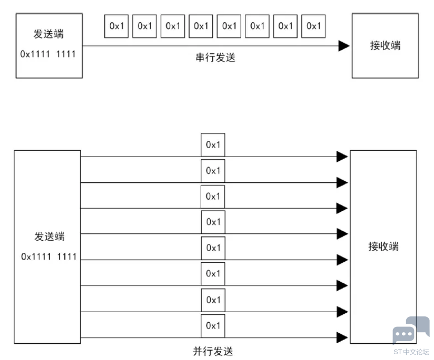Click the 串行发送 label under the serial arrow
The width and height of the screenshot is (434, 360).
(x=215, y=58)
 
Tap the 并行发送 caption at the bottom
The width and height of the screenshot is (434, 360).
(x=213, y=351)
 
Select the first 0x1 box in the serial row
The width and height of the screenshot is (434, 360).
(x=116, y=26)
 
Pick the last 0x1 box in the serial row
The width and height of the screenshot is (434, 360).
(x=313, y=26)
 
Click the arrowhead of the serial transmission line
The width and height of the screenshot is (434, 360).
(x=344, y=46)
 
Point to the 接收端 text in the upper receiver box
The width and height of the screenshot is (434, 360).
(x=385, y=45)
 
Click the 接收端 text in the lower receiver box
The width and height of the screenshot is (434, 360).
(x=384, y=246)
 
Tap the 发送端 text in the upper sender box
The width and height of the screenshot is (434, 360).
(x=48, y=34)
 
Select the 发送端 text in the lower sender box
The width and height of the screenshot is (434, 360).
(x=49, y=236)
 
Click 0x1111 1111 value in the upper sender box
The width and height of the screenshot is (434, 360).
(x=48, y=54)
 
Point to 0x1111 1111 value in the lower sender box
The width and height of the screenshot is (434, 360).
(x=49, y=256)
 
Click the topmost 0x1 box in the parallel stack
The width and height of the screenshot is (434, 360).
(x=213, y=145)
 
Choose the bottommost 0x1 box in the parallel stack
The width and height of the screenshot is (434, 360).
(x=213, y=326)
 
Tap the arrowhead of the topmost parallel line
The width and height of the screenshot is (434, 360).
(x=342, y=157)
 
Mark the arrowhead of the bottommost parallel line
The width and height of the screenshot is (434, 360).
(x=342, y=337)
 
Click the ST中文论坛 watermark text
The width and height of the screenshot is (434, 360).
(x=411, y=352)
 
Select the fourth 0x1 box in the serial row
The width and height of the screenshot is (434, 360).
(x=201, y=26)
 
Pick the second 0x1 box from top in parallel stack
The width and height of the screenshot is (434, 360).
(x=213, y=171)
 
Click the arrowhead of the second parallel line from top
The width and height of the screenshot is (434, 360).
(x=342, y=182)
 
